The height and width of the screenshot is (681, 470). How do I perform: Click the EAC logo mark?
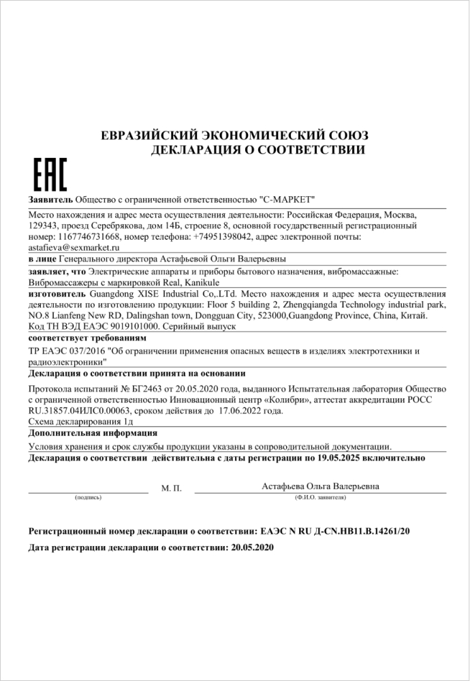click(x=50, y=175)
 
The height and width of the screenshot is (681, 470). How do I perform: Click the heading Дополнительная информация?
click(x=93, y=433)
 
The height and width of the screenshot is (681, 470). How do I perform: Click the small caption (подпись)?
click(x=88, y=498)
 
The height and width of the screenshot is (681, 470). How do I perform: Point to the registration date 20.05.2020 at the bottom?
click(x=252, y=546)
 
